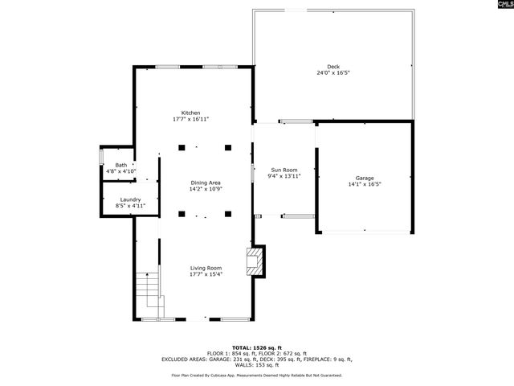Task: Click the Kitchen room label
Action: (x=190, y=113)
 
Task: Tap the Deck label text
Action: (x=332, y=67)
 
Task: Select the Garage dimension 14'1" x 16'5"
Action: (x=365, y=184)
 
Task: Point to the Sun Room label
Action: (x=284, y=170)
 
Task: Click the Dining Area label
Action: (x=206, y=183)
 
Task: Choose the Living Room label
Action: (x=206, y=268)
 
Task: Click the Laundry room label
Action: (x=130, y=199)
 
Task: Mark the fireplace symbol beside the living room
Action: (x=256, y=261)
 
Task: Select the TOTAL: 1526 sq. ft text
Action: (x=257, y=347)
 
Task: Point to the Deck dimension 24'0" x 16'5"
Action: (x=332, y=73)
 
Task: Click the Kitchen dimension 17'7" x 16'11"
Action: (x=190, y=119)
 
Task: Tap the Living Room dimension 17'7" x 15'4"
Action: (x=206, y=274)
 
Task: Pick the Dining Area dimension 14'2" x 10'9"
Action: (x=206, y=190)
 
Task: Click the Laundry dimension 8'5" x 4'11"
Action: (x=130, y=206)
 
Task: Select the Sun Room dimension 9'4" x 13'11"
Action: (x=284, y=176)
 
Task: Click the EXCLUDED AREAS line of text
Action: (x=257, y=359)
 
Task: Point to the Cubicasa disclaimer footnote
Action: (x=257, y=375)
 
